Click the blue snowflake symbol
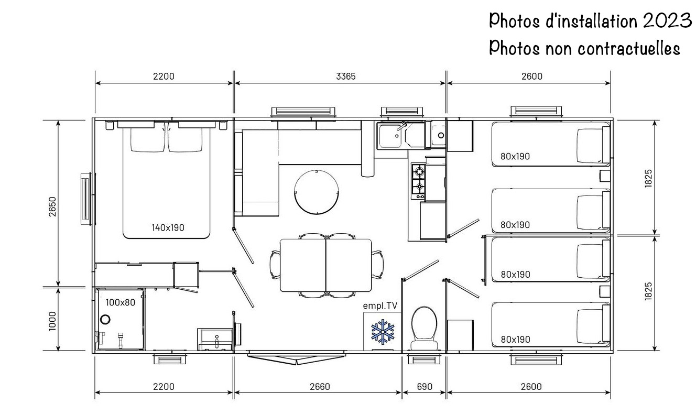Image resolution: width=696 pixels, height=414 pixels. tap(383, 332)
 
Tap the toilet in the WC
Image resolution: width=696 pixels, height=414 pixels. tap(424, 328)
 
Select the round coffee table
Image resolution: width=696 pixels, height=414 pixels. tap(317, 192)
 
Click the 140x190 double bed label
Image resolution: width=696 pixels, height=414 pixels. tap(168, 227)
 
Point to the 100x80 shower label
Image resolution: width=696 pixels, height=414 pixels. tap(120, 302)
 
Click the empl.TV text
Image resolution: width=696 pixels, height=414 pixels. tap(380, 306)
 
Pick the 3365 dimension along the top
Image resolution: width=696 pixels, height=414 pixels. tap(345, 76)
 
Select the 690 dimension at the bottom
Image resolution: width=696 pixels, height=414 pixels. tap(425, 387)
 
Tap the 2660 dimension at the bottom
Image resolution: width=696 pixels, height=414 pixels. tap(320, 387)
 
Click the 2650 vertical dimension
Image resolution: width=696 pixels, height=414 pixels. tap(52, 206)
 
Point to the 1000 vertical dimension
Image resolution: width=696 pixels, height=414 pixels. tap(52, 321)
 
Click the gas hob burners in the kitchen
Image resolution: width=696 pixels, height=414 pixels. tap(418, 181)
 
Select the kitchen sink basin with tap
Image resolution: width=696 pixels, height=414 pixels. tap(389, 135)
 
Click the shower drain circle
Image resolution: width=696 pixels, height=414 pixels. tap(105, 319)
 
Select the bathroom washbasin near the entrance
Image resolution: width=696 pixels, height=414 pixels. tap(215, 339)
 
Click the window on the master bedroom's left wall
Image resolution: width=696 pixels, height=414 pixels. tap(86, 199)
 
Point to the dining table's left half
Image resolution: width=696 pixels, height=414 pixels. tap(303, 265)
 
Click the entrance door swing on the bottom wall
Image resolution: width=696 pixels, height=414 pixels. tap(297, 357)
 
